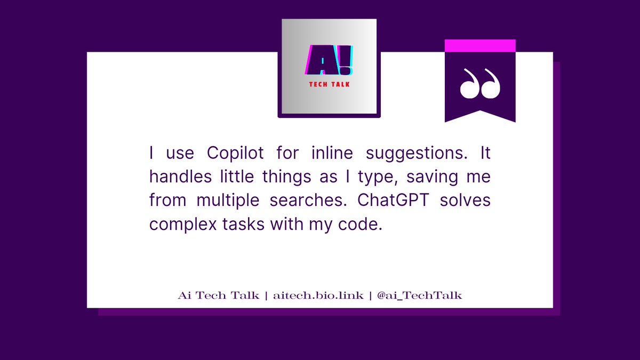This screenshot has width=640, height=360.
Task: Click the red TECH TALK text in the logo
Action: coord(329,84)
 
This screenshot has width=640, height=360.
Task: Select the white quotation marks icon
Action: coord(480,84)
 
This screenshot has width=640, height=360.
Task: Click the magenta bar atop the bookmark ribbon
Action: coord(480,46)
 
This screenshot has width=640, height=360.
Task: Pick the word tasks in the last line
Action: coord(246,224)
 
